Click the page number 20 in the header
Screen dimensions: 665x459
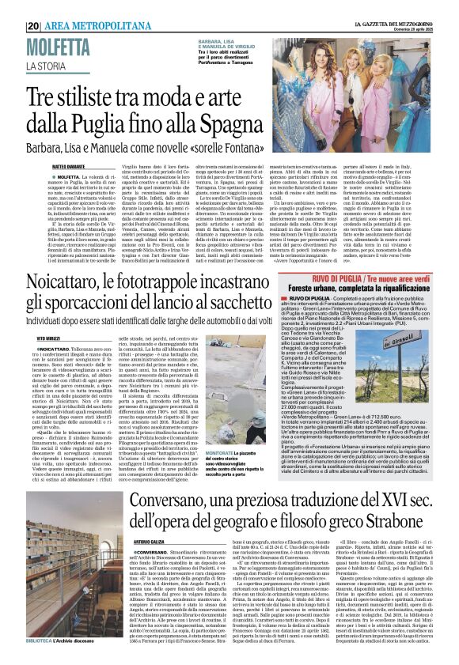click(x=34, y=26)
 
